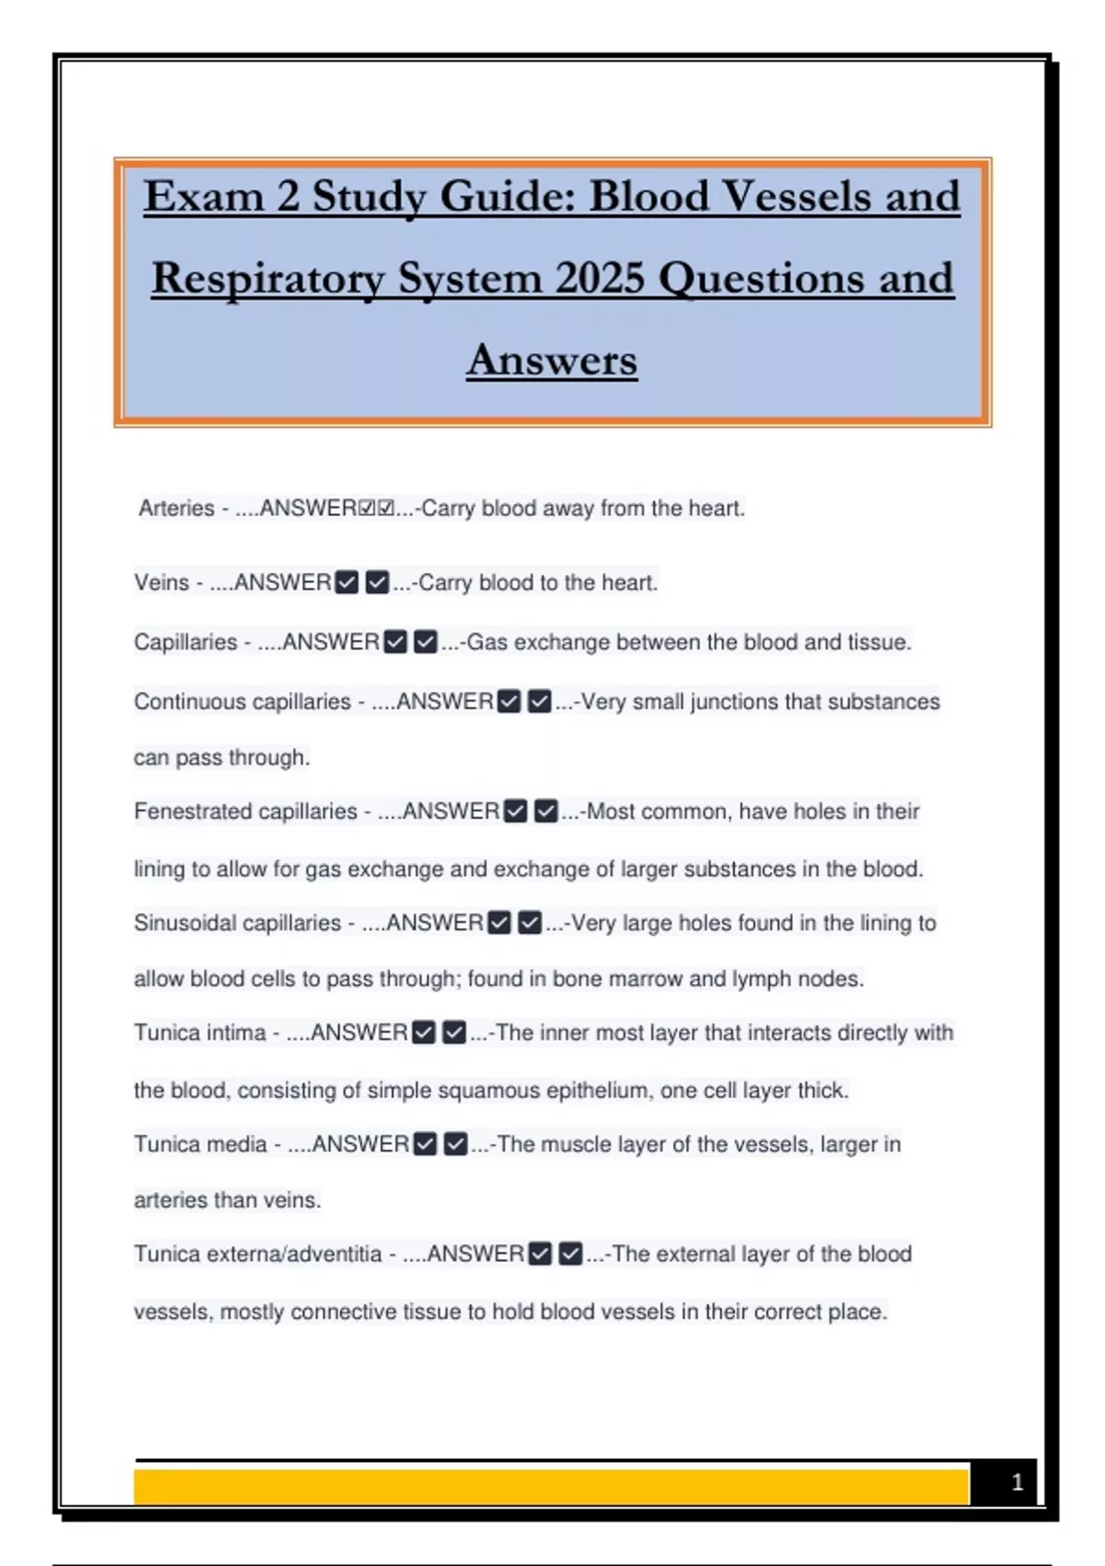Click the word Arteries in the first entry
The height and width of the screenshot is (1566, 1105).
click(x=176, y=508)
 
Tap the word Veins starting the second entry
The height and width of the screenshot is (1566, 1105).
click(x=161, y=583)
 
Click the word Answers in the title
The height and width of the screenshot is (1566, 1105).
click(x=552, y=360)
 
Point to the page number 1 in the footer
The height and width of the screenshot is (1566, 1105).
click(x=1017, y=1482)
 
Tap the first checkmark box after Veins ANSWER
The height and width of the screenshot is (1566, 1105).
click(x=347, y=583)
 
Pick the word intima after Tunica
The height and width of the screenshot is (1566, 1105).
click(x=238, y=1033)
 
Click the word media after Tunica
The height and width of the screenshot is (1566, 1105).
click(x=238, y=1144)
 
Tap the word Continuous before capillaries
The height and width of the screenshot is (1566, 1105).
click(x=190, y=702)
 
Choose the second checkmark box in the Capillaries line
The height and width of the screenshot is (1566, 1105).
click(x=425, y=642)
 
